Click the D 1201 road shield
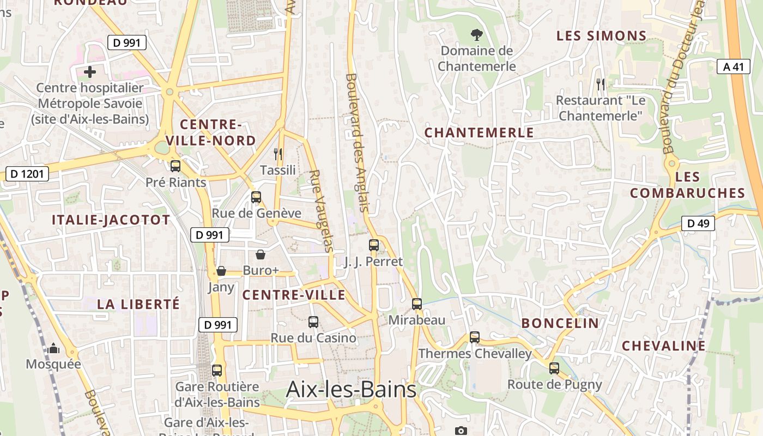[27, 174]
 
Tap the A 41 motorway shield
[732, 66]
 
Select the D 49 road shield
[698, 223]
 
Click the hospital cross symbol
[90, 71]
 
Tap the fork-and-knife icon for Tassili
[278, 154]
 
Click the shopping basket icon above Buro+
[261, 255]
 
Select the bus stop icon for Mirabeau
[417, 304]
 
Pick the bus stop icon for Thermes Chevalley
[475, 337]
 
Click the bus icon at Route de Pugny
[554, 368]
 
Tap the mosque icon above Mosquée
[53, 348]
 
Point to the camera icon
[461, 431]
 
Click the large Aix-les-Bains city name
[351, 389]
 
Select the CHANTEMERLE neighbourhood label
[479, 132]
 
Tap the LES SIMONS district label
[601, 36]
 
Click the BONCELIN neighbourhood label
[560, 323]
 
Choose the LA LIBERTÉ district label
[138, 304]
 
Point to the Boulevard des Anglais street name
[358, 143]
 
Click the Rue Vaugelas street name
[321, 211]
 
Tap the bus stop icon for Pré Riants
[175, 166]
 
